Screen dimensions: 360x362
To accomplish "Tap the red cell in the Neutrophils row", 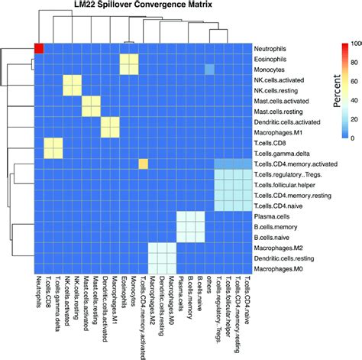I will [x=39, y=48].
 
